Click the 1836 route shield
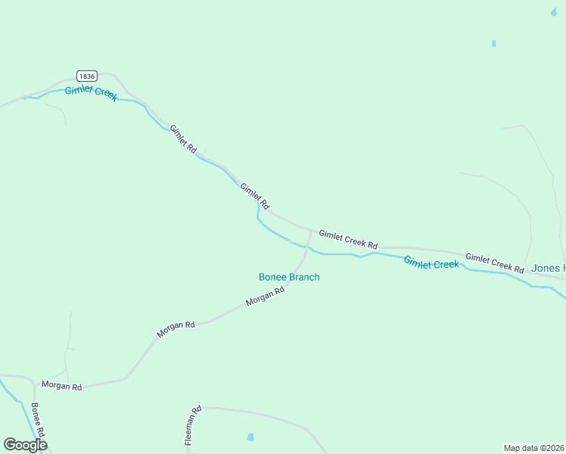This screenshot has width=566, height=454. pos(87,76)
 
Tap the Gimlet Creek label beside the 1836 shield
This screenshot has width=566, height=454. pos(91,94)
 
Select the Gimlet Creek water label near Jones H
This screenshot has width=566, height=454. pos(431,263)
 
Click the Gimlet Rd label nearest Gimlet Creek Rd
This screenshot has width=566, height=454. pos(254,196)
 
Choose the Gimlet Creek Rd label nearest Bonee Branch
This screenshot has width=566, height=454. pos(347,240)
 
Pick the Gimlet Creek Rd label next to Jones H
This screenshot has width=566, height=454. pos(494,263)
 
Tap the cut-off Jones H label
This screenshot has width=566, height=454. pos(548,268)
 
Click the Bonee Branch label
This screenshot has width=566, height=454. pos(289,277)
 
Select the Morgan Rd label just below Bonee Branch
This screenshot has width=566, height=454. pos(264,296)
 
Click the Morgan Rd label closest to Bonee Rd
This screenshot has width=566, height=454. pos(61,386)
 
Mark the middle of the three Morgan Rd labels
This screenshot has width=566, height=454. pos(176,329)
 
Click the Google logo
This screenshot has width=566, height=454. pos(25,445)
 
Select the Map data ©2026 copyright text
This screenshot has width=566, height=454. pos(533,447)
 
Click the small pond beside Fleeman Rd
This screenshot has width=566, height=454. pos(250,437)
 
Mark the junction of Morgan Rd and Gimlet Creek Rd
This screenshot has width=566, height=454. pos(311,230)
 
